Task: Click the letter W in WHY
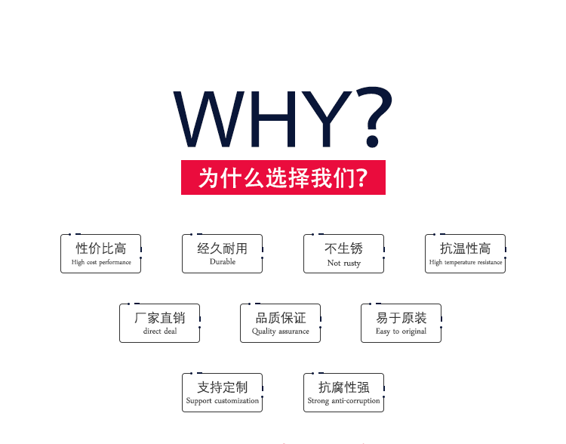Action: click(209, 119)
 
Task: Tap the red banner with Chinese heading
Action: click(283, 177)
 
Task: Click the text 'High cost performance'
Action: click(101, 262)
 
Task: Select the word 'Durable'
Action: click(223, 261)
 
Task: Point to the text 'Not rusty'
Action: click(344, 263)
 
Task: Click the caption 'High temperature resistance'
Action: click(466, 262)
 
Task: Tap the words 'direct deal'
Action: click(160, 331)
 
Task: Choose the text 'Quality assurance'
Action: click(281, 331)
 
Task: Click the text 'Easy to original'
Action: click(401, 331)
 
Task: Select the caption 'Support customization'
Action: click(223, 401)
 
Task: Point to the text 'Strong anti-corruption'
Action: click(343, 401)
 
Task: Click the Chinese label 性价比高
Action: click(101, 248)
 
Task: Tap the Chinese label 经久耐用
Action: click(223, 248)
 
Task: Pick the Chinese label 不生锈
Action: click(343, 248)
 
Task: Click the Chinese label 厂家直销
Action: click(160, 318)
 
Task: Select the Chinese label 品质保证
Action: click(281, 318)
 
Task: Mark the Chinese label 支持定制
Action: click(223, 387)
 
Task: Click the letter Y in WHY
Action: click(327, 119)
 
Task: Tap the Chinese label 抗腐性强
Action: click(343, 387)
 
